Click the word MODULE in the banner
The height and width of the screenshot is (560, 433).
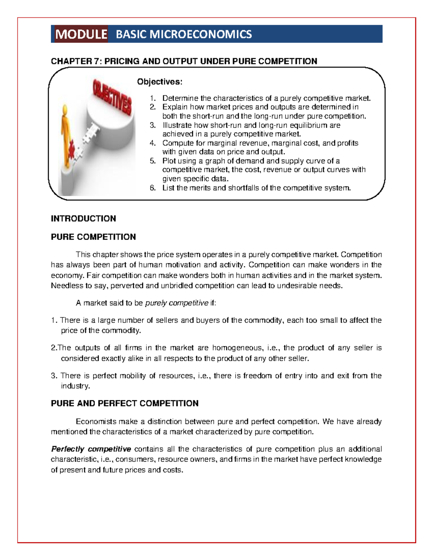[x=81, y=34]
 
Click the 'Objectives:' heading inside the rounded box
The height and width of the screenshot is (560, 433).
[x=159, y=82]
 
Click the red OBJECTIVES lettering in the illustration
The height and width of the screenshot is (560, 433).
[x=112, y=97]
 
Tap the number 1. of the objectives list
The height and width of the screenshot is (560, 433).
[x=153, y=98]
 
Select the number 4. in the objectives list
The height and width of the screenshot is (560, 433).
[x=153, y=143]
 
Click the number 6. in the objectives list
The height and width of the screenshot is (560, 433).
[x=153, y=188]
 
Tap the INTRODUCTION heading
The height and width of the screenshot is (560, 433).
[x=83, y=219]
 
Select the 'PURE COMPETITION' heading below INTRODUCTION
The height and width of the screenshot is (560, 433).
[x=93, y=237]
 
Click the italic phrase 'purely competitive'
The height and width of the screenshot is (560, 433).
[x=176, y=303]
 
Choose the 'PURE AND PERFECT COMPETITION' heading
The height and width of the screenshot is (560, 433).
[x=124, y=403]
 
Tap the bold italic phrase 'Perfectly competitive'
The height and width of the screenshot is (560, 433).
[x=91, y=449]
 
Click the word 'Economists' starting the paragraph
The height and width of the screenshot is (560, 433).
[x=96, y=422]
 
